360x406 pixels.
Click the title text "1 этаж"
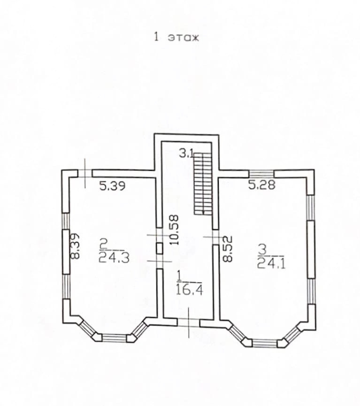click(x=176, y=38)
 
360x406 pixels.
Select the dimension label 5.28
click(x=261, y=184)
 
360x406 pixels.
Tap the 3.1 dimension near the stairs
click(x=186, y=153)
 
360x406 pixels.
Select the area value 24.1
click(x=271, y=262)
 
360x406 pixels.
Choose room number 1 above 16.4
click(x=179, y=274)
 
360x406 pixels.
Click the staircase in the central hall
click(x=203, y=183)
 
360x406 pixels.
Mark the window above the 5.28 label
click(x=261, y=173)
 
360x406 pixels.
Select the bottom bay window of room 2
click(x=115, y=337)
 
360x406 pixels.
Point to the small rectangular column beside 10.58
click(x=159, y=248)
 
